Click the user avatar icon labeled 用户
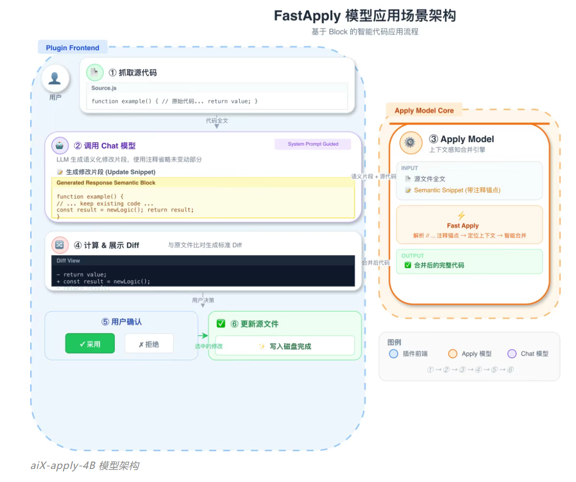(55, 78)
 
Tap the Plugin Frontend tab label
(72, 48)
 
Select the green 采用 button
(90, 344)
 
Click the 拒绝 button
(149, 344)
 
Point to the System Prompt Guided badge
(313, 144)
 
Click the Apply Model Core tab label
(424, 110)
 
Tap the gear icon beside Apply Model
(411, 143)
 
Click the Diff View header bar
(203, 261)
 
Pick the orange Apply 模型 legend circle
(452, 353)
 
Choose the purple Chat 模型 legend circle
(512, 353)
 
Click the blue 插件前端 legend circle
(394, 353)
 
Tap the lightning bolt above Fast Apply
(461, 215)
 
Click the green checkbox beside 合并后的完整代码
(408, 265)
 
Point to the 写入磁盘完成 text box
(284, 346)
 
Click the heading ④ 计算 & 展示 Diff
(106, 246)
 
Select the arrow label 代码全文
(217, 120)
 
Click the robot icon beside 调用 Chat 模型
(60, 146)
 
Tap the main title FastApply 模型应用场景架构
(364, 16)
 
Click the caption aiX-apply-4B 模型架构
(84, 465)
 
